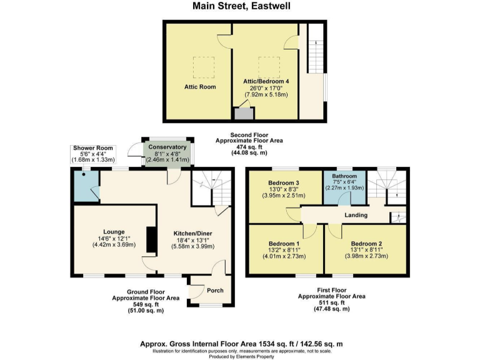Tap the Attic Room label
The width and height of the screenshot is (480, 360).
[200, 87]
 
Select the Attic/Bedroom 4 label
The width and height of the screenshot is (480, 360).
[266, 81]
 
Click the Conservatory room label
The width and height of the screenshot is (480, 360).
[167, 147]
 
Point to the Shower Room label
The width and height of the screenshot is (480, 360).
[88, 148]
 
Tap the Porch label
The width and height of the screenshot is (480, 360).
[214, 291]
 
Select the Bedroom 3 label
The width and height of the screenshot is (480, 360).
[284, 182]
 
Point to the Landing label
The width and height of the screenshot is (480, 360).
[356, 216]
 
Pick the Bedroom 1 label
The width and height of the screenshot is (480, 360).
[284, 243]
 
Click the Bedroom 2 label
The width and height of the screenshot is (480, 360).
[366, 243]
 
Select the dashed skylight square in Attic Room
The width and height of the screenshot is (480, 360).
[201, 65]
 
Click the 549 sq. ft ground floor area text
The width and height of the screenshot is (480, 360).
[146, 304]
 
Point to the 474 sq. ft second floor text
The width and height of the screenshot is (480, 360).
[249, 147]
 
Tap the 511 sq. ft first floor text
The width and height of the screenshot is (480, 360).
[332, 302]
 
